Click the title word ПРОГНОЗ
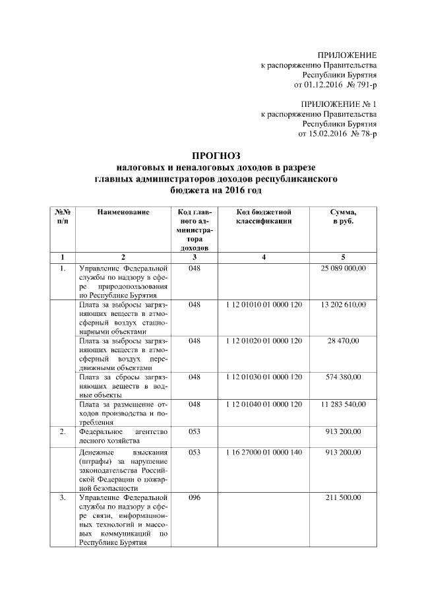point(211,155)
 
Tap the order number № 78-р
point(361,133)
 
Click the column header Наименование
point(123,212)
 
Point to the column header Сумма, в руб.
point(343,216)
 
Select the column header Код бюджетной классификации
point(264,216)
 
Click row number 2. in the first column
point(61,431)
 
